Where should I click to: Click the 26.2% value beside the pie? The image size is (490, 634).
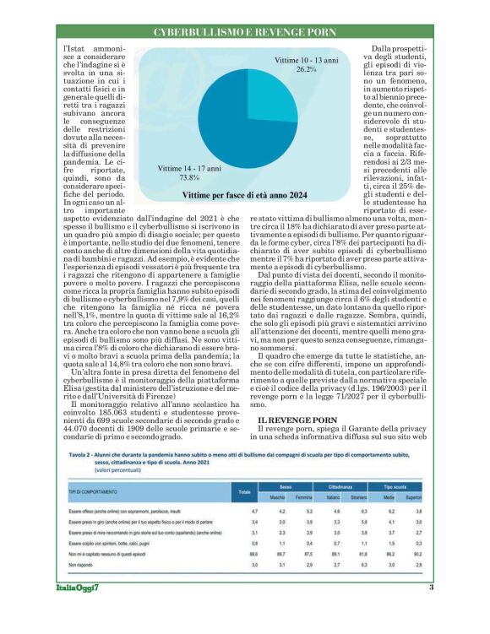click(305, 71)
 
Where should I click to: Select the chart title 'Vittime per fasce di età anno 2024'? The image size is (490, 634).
click(244, 195)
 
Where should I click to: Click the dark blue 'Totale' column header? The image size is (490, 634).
click(245, 491)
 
